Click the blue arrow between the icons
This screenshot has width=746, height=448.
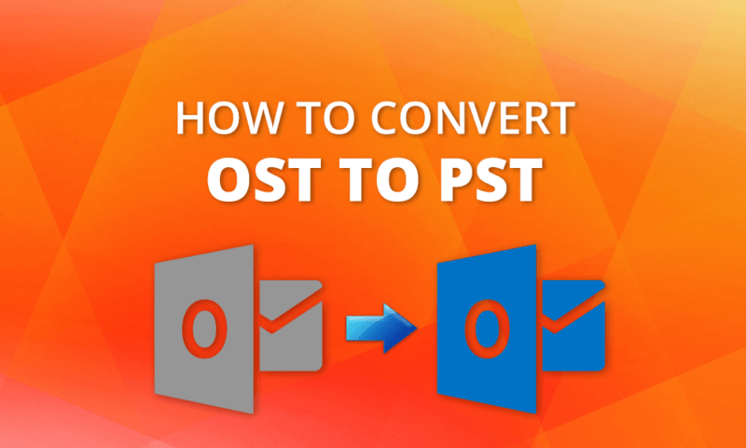click(378, 328)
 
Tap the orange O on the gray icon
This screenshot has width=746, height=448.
click(198, 326)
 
